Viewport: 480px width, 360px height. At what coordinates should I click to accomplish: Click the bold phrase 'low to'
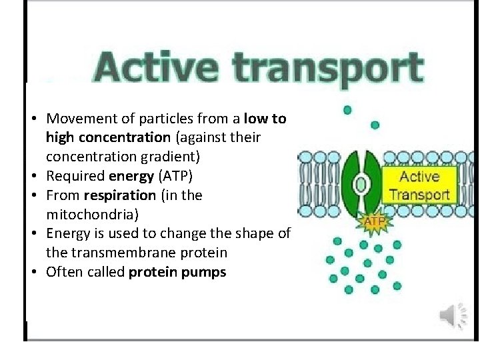pyautogui.click(x=265, y=119)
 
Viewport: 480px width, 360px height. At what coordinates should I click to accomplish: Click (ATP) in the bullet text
pyautogui.click(x=176, y=177)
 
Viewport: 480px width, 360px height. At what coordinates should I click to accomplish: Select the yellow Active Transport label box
pyautogui.click(x=419, y=185)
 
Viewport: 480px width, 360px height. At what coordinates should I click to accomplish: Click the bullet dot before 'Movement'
pyautogui.click(x=33, y=120)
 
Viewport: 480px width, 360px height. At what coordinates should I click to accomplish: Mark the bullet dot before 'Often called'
pyautogui.click(x=33, y=273)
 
